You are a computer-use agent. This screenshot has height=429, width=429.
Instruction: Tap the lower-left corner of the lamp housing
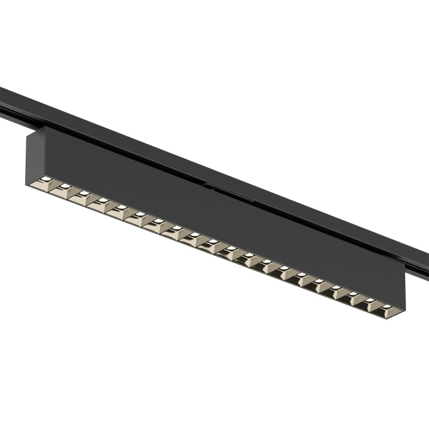point(28,178)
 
